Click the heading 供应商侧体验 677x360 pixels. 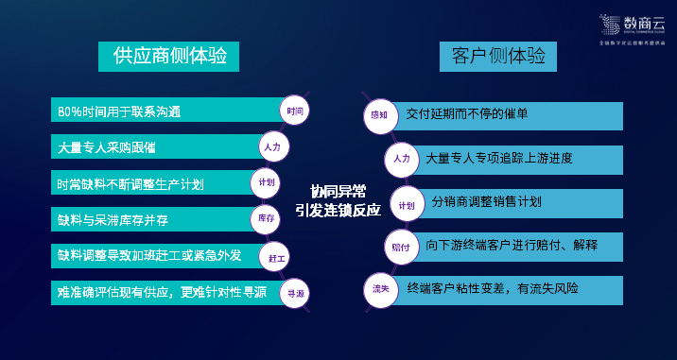(169, 57)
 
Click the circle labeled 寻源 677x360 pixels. (296, 293)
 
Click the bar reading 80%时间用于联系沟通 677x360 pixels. (161, 111)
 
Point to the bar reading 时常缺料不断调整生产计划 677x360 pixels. (147, 182)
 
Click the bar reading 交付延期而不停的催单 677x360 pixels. (506, 115)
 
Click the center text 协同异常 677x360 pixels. (338, 189)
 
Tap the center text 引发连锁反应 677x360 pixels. (338, 210)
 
